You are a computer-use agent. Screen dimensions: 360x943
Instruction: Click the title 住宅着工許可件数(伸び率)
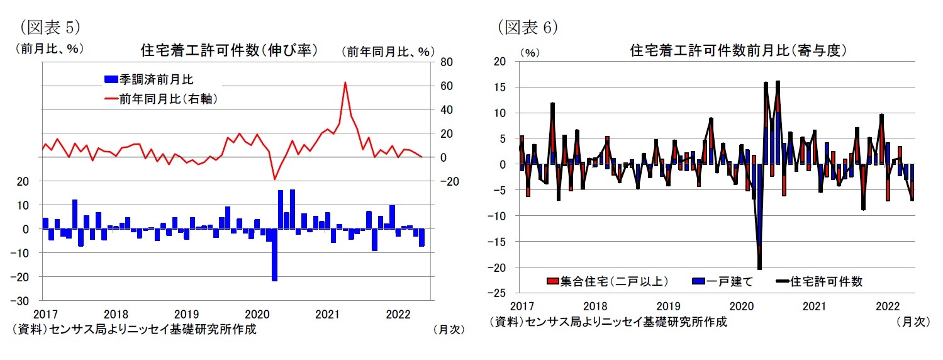[x=228, y=50]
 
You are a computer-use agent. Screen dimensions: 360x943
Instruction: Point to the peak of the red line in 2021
[x=345, y=82]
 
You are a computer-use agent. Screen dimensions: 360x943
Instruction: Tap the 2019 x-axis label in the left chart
[x=186, y=313]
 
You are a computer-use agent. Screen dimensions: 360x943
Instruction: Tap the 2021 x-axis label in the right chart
[x=814, y=307]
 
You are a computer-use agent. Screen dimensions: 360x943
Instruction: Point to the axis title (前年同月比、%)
[x=389, y=52]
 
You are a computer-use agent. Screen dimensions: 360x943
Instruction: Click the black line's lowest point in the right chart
[x=759, y=269]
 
